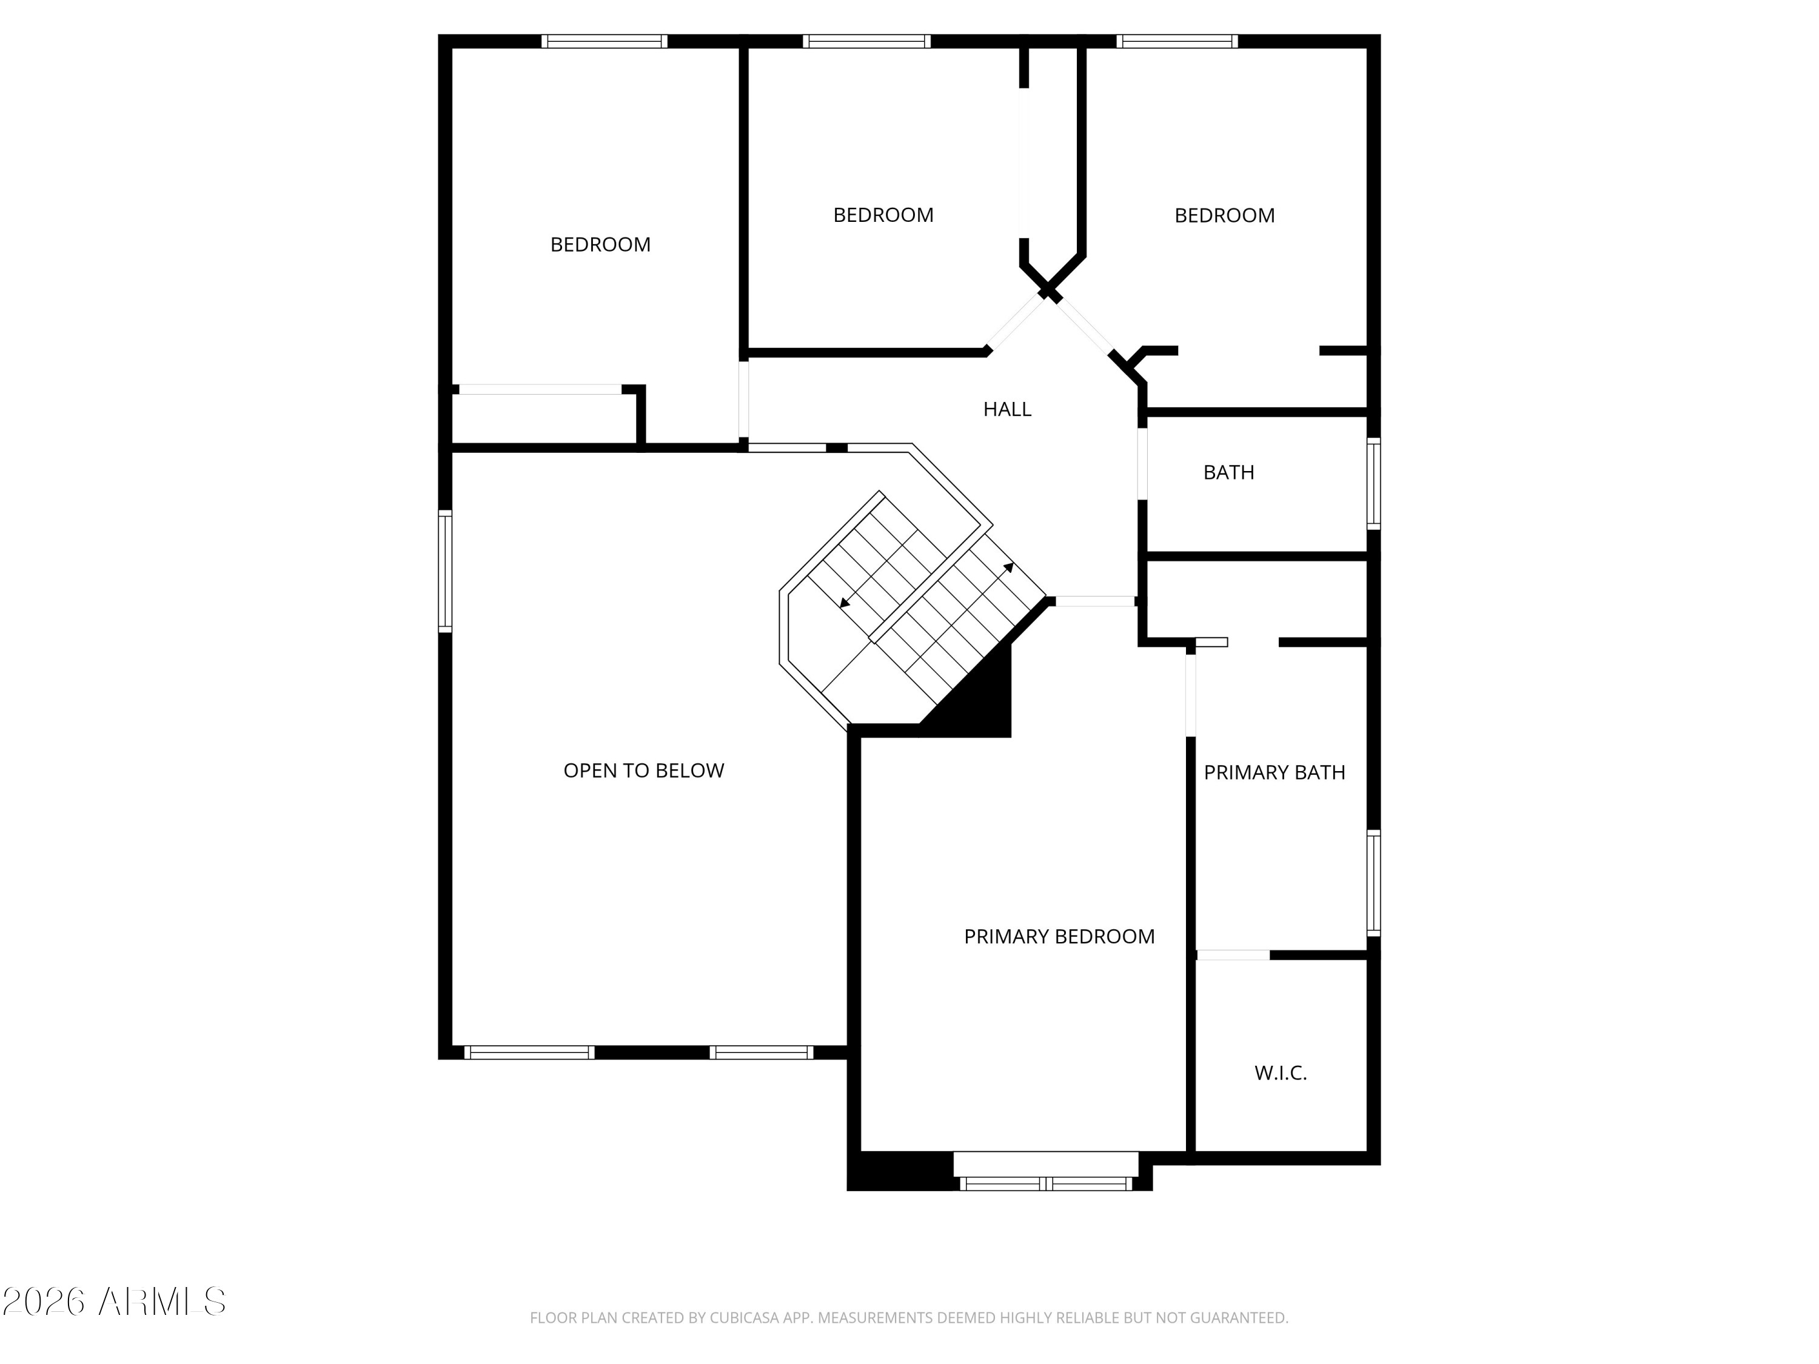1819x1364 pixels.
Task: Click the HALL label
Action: pos(1007,409)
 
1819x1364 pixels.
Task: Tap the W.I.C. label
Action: pos(1281,1073)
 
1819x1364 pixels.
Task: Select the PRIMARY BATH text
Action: pos(1274,773)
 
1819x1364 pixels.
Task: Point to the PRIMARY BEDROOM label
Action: pos(1059,937)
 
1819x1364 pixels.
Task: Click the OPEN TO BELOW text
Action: pos(643,771)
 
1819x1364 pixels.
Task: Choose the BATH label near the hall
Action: pos(1228,473)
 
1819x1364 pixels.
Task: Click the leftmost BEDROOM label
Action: pos(600,245)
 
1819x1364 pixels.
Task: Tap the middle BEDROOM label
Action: pos(883,215)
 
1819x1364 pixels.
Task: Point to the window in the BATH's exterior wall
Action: pos(1373,483)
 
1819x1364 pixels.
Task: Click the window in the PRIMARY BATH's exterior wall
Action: pos(1373,884)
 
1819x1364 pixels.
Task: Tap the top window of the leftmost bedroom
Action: pos(603,41)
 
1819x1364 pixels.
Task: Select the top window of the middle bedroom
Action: pos(866,41)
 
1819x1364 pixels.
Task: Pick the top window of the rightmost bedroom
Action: pos(1177,41)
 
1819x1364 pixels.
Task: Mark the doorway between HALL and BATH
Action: pos(1142,464)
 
